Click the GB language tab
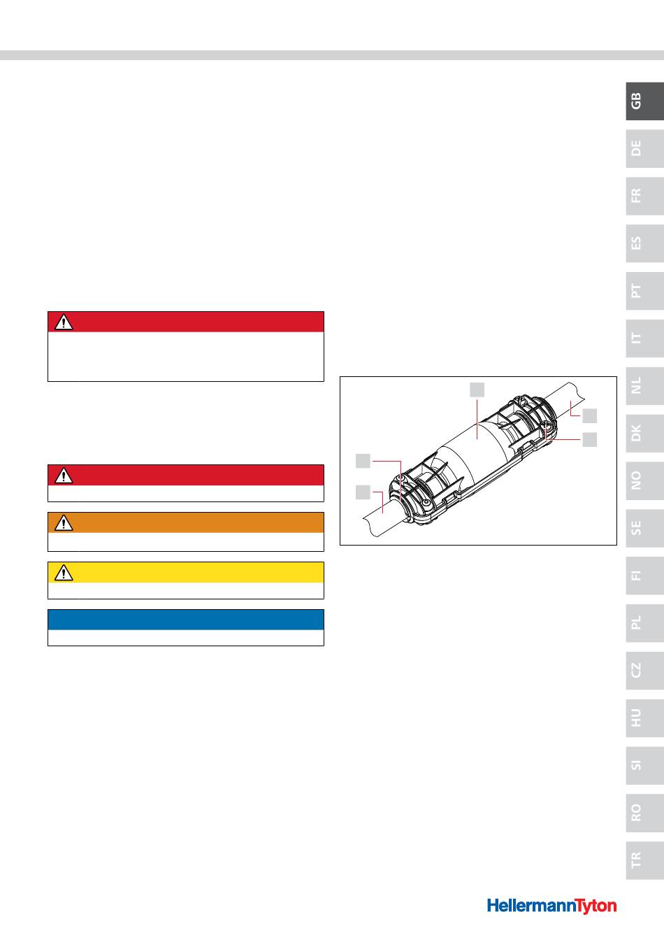644,101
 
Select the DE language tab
644,148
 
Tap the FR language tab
644,196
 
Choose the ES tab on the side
644,243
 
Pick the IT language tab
644,339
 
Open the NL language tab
644,385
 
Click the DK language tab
644,433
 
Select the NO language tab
644,480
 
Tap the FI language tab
644,576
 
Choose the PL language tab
644,622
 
